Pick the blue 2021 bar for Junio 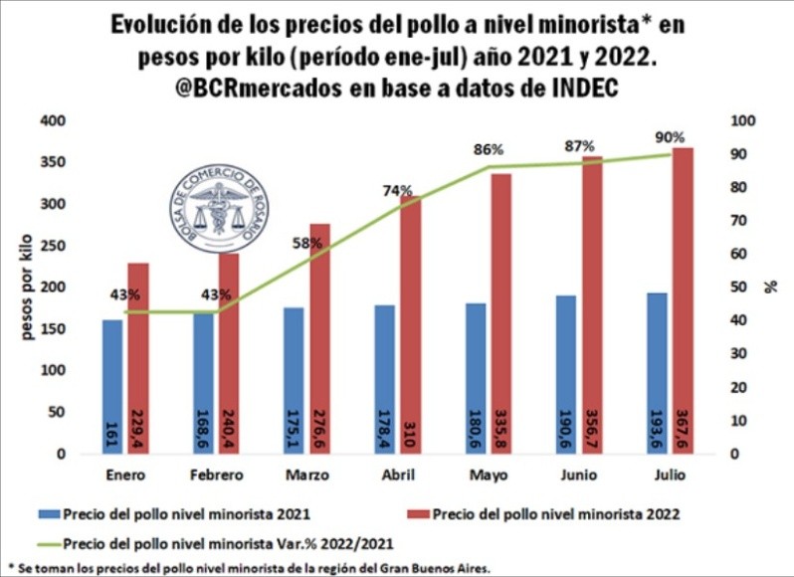click(x=565, y=374)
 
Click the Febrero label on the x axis click(x=216, y=475)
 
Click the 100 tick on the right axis click(x=742, y=120)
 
